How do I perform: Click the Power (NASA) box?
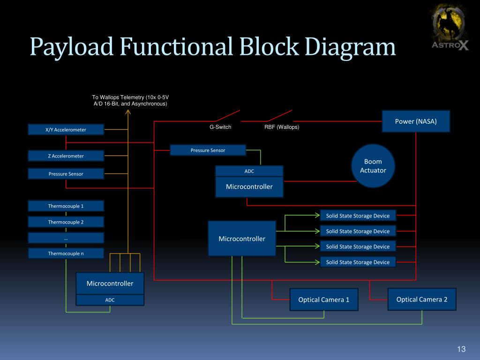(416, 121)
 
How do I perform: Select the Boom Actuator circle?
(373, 166)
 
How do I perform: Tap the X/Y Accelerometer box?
(66, 129)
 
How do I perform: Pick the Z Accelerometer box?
(66, 156)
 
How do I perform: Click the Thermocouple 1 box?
(66, 206)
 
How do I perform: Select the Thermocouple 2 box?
(66, 222)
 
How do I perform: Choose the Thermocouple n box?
(66, 254)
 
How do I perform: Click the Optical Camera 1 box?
(324, 300)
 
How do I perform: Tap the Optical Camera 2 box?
(422, 299)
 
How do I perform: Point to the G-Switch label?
(220, 127)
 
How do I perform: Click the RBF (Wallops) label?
(282, 127)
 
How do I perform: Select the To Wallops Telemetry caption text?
(130, 100)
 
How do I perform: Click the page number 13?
(461, 349)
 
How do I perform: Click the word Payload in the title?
(71, 47)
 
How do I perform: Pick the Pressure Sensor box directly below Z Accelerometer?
(66, 174)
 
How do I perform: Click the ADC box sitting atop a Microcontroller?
(249, 171)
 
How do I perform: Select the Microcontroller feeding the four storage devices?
(242, 239)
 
